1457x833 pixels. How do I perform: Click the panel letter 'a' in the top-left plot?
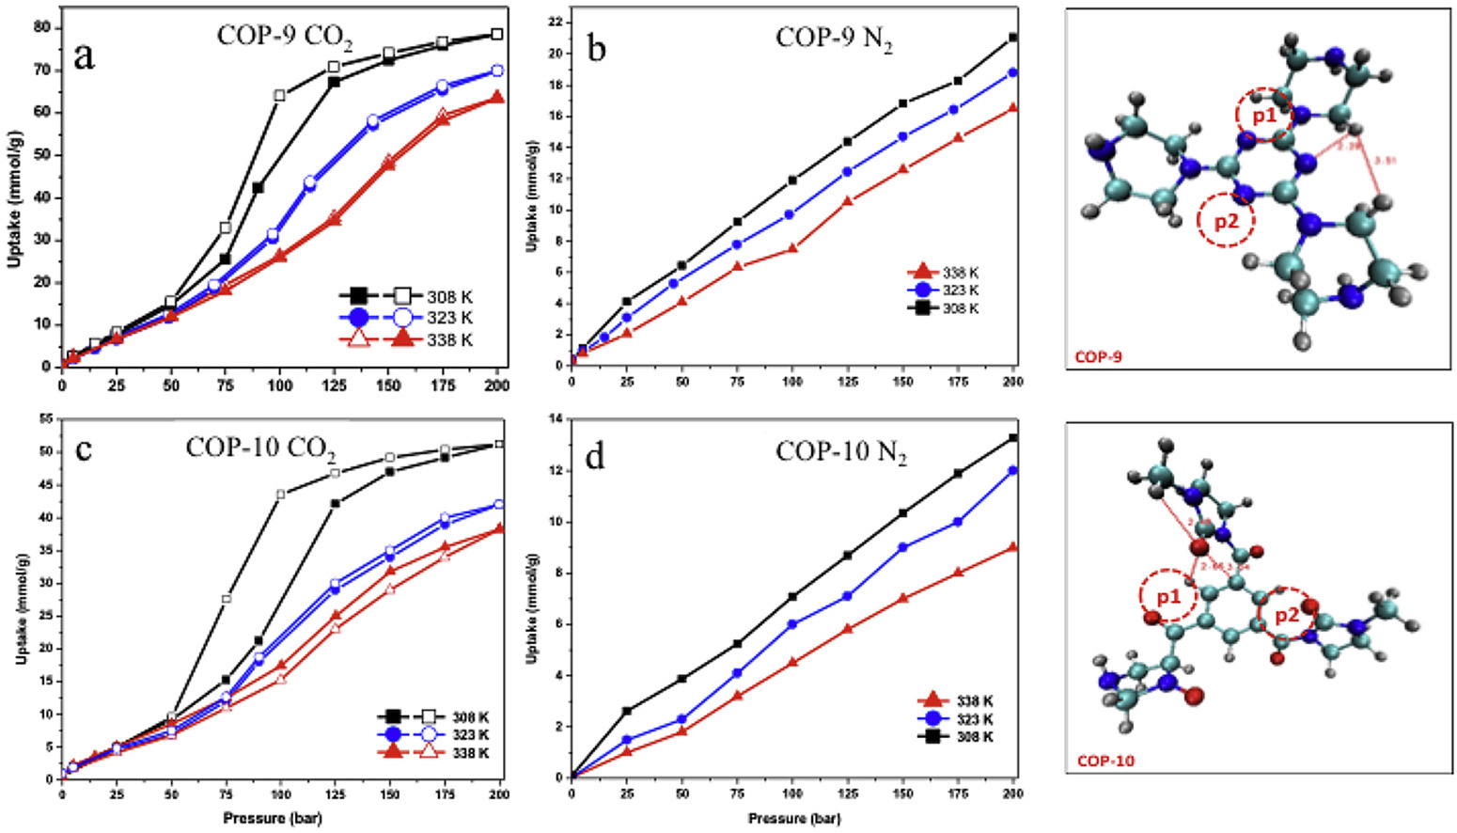[x=85, y=57]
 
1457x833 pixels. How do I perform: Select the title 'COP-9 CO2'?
[x=276, y=36]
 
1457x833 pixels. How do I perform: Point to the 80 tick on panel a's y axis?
[x=41, y=27]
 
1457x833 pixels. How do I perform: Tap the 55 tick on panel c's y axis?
[x=43, y=419]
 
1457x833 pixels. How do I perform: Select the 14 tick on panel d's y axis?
[x=556, y=419]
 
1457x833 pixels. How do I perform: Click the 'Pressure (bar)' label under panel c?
[x=273, y=819]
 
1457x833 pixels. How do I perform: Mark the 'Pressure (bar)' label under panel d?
[x=794, y=819]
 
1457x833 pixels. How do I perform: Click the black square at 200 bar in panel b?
[x=1013, y=38]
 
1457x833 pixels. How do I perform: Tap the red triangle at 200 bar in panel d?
[x=1013, y=547]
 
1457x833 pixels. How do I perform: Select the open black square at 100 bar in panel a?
[x=279, y=96]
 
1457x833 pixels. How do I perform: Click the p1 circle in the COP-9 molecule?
[x=1262, y=115]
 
